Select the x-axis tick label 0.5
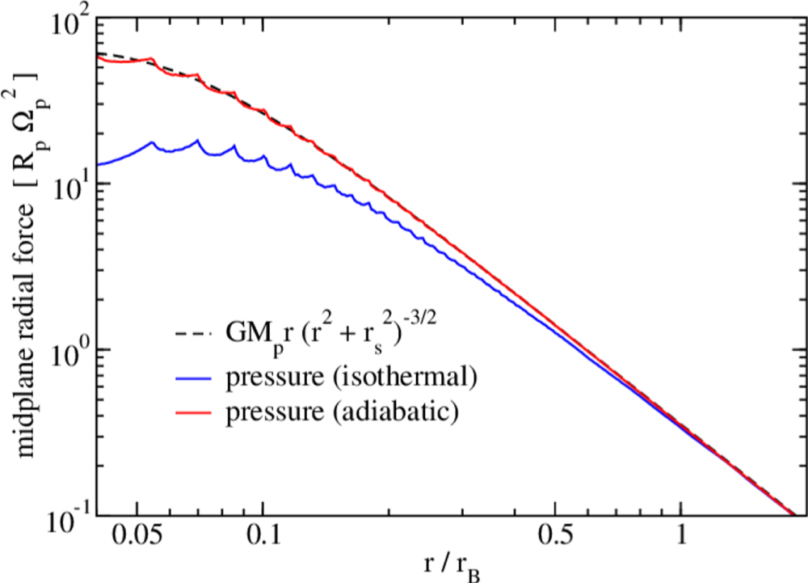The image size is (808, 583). pos(553,536)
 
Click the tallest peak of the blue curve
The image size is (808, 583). pos(198,140)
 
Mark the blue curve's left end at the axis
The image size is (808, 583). pos(96,164)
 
